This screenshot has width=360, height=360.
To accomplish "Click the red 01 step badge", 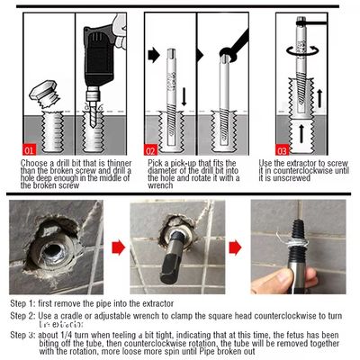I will tap(29, 149).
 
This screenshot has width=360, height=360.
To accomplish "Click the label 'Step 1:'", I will tap(22, 303).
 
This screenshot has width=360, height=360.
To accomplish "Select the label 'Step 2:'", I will tap(22, 317).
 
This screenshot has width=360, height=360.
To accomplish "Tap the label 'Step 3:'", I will tap(22, 334).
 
